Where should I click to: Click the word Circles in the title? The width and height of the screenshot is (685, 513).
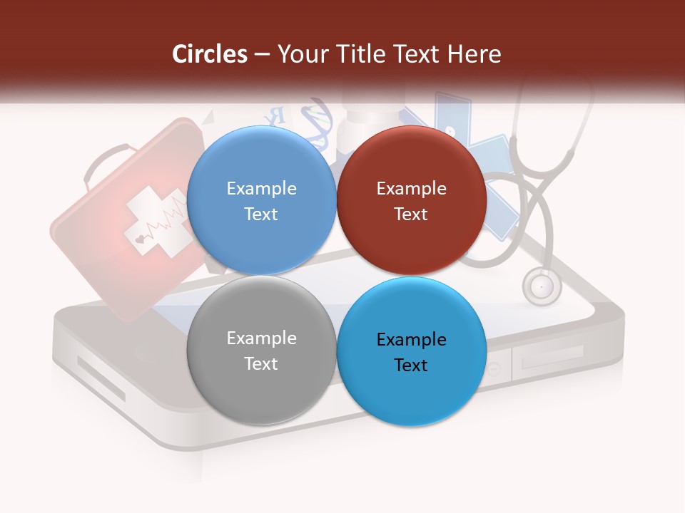click(210, 54)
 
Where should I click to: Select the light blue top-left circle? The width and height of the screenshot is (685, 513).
click(261, 200)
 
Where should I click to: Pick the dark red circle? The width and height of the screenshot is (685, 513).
click(411, 200)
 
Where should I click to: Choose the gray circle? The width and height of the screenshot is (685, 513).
click(261, 350)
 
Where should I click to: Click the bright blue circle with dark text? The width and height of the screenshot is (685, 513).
click(411, 351)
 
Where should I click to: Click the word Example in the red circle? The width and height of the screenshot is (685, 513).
click(411, 188)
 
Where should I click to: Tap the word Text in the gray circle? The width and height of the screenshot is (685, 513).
click(261, 363)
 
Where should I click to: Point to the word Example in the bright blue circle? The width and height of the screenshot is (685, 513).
click(411, 339)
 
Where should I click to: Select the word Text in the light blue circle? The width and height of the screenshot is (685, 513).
click(261, 214)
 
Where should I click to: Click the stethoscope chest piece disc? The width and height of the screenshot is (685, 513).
click(542, 286)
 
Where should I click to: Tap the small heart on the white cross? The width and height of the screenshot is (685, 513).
click(140, 240)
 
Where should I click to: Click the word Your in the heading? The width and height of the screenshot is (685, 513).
click(303, 54)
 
